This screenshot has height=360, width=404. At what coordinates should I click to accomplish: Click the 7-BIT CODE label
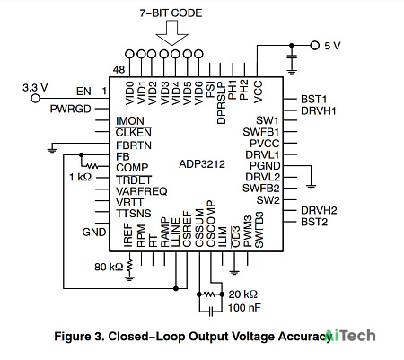click(171, 13)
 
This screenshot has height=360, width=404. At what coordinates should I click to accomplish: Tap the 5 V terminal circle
click(314, 46)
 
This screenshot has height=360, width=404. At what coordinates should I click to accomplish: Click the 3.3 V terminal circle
click(35, 98)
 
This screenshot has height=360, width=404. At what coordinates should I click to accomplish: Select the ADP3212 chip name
click(202, 164)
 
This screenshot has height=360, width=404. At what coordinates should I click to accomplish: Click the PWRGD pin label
click(71, 109)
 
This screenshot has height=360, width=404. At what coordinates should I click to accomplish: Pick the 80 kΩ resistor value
click(109, 267)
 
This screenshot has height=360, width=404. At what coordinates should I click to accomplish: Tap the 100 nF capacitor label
click(244, 308)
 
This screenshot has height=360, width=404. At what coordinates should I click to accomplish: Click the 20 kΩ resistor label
click(242, 294)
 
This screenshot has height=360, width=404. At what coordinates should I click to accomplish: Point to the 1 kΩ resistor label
click(81, 177)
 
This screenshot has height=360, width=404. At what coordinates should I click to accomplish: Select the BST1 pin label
click(313, 99)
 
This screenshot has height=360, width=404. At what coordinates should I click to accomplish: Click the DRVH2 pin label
click(319, 210)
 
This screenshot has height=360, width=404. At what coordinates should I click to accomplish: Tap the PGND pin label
click(265, 166)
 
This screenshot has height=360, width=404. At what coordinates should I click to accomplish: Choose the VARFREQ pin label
click(142, 191)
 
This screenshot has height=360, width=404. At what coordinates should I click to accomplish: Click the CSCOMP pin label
click(211, 224)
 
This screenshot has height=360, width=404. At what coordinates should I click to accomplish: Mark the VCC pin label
click(258, 92)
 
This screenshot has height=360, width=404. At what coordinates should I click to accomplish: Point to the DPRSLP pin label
click(222, 102)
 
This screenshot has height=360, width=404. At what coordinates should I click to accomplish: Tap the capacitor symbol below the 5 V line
click(292, 59)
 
